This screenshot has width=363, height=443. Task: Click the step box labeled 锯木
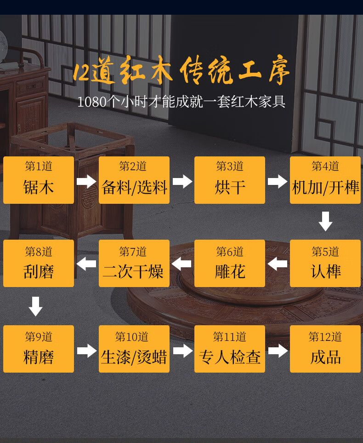[x=39, y=180]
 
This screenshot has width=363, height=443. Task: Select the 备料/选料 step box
[x=134, y=180]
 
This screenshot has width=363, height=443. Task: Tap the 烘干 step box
[x=230, y=180]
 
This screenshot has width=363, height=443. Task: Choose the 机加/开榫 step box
[x=325, y=180]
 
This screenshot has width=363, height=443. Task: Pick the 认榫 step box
[x=325, y=264]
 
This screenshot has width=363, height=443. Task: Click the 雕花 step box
[x=230, y=264]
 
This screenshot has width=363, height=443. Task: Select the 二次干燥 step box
[x=134, y=264]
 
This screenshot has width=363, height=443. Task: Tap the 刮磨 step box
[x=39, y=264]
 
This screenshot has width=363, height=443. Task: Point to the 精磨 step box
[x=39, y=349]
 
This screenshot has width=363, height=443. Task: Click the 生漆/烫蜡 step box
[x=134, y=349]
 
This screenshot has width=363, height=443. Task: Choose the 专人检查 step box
[x=230, y=349]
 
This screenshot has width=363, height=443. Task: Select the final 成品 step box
[x=325, y=349]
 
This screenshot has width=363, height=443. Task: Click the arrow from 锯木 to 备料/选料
[x=86, y=181]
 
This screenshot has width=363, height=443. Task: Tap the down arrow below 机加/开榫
[x=325, y=221]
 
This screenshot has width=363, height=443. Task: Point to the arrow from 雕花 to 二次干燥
[x=182, y=264]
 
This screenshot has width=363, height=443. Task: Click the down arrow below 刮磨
[x=36, y=306]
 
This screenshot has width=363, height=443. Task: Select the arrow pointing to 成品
[x=278, y=351]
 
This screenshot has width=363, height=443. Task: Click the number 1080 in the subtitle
[x=91, y=102]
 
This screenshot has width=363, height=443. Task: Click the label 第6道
[x=230, y=252]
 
